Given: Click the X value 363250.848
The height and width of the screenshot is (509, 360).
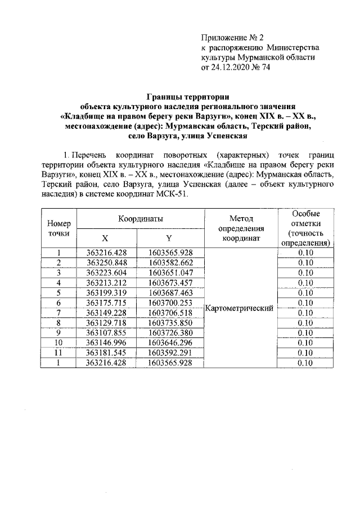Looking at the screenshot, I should coord(105,263).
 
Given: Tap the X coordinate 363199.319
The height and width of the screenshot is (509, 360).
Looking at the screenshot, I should coord(105,293).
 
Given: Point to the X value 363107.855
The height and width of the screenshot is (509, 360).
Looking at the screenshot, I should coord(105,334).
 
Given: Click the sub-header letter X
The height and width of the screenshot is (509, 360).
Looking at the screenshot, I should coord(105,238).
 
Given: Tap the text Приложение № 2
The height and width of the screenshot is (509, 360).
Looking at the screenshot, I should coord(232,38).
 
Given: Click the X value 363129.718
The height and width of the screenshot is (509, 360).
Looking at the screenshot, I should coord(105,323).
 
